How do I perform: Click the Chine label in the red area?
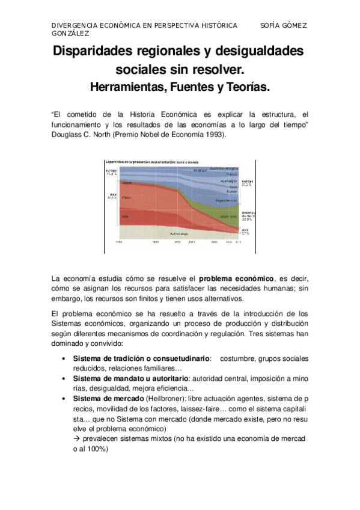coord(127,198)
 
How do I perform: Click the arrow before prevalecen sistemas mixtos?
coord(76,438)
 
